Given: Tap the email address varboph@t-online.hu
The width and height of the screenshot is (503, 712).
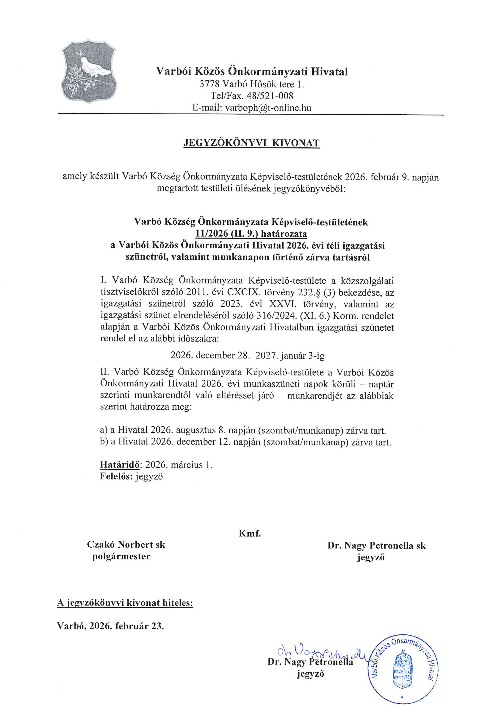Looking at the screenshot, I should [268, 108].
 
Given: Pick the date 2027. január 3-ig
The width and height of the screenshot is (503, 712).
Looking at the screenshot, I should [290, 355].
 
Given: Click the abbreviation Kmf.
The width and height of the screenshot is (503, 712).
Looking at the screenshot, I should [250, 534].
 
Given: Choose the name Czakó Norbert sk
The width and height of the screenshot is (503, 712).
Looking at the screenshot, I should [126, 545].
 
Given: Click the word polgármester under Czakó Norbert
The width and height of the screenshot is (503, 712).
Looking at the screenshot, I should [121, 556].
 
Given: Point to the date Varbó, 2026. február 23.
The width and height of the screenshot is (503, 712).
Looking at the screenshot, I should [110, 626].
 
